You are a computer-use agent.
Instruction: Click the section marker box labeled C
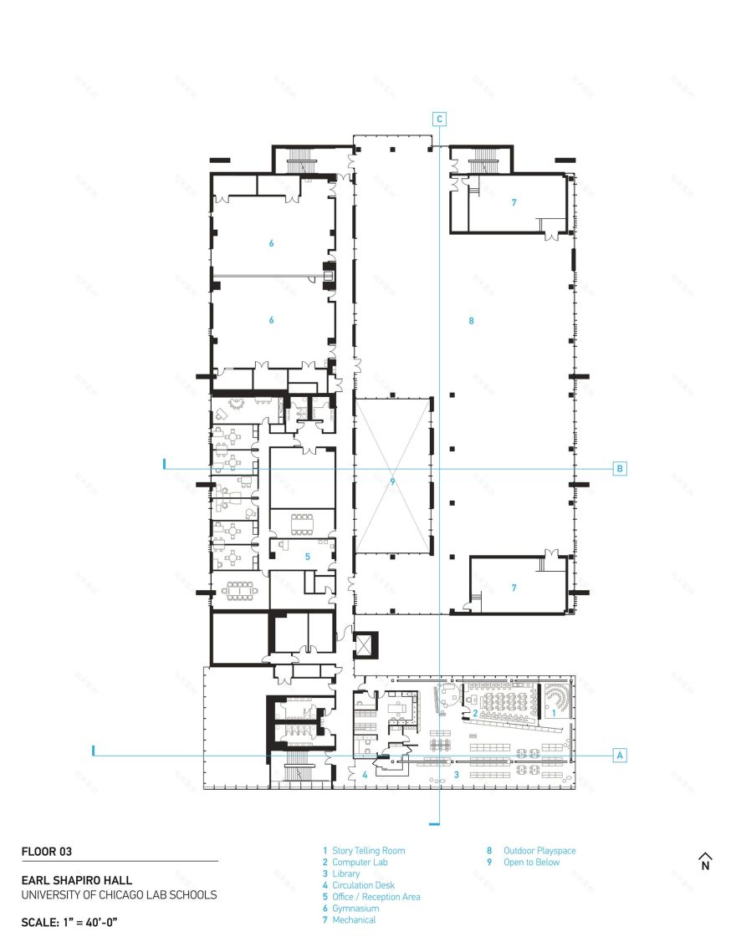pos(439,119)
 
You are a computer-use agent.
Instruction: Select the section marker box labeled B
pos(620,468)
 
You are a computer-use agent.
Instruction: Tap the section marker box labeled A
pos(620,755)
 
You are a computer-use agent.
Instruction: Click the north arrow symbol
pos(704,861)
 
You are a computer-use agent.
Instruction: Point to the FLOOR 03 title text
pos(47,852)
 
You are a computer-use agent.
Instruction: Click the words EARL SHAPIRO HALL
pos(76,880)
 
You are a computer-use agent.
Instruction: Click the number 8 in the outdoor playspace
pos(472,320)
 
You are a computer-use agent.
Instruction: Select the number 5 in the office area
pos(307,555)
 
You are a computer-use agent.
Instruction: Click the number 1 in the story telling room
pos(553,713)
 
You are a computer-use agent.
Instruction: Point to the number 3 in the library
pos(457,775)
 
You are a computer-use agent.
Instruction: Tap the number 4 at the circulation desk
pos(365,775)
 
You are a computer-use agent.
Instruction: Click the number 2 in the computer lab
pos(475,713)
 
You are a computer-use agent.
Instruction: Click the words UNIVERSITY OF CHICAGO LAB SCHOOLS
pos(119,894)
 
